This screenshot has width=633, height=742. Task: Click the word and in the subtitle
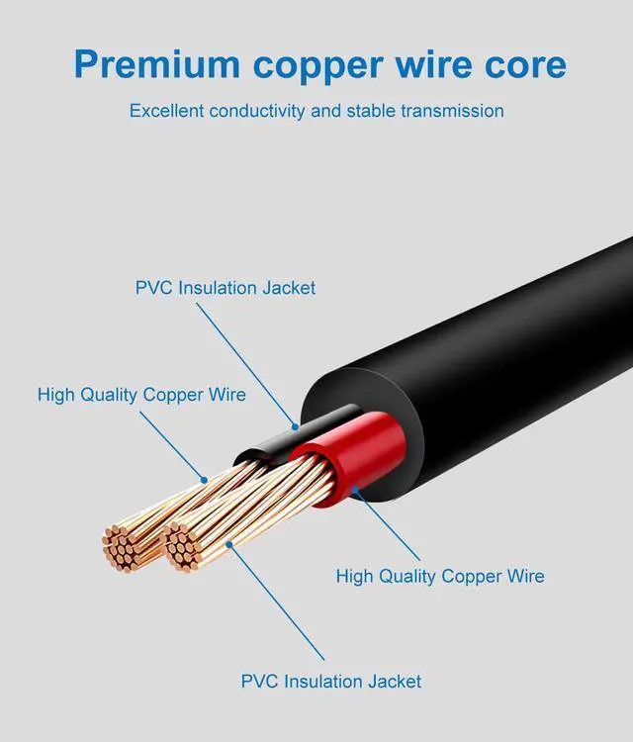click(326, 110)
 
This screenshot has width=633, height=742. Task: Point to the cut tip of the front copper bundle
click(180, 546)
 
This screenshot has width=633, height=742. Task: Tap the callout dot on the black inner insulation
click(294, 427)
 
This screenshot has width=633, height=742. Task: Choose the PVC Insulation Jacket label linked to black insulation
click(226, 288)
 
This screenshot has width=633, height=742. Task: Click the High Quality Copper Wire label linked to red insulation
click(440, 576)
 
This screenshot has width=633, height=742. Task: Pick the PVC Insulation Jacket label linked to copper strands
click(331, 681)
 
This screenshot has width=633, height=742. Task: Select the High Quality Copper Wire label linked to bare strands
click(141, 395)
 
